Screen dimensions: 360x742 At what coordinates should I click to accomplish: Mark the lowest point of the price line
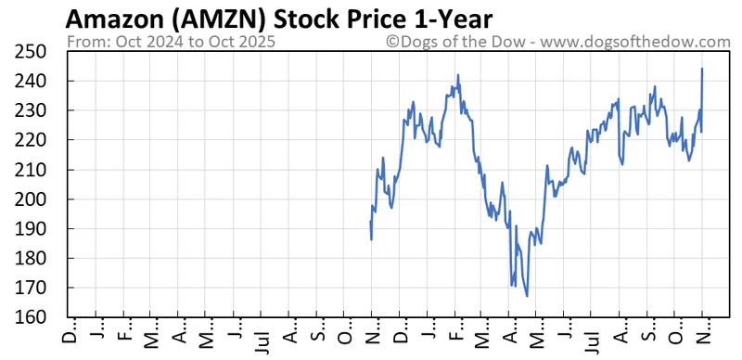527,296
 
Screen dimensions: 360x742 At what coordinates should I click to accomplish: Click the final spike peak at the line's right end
702,69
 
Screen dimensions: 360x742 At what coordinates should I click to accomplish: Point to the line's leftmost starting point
371,222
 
